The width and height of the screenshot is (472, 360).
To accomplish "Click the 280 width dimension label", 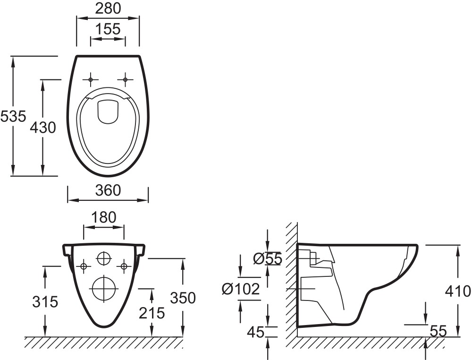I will [x=108, y=8].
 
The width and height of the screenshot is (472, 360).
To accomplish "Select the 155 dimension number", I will [x=108, y=29].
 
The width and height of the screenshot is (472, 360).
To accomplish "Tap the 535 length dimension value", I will [x=13, y=116].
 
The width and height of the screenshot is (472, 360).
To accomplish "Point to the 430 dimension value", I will [x=42, y=127].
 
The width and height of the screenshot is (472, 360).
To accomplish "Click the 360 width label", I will [x=108, y=190].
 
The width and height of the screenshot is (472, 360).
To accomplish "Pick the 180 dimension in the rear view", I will [x=104, y=217].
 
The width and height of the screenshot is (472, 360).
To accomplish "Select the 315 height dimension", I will [x=45, y=301].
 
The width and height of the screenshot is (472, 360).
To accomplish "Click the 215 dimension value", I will [x=152, y=312].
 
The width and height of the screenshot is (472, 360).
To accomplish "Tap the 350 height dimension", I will [x=183, y=298].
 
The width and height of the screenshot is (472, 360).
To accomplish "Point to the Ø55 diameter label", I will [x=267, y=258].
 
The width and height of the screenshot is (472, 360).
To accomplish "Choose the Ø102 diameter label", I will [x=241, y=289].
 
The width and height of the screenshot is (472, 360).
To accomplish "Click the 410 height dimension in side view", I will [x=458, y=291].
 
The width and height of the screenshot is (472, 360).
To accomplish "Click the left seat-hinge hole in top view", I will [x=90, y=79].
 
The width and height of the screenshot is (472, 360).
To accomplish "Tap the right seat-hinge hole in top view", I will [x=126, y=79].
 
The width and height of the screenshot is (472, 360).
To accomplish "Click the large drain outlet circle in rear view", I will [x=103, y=288].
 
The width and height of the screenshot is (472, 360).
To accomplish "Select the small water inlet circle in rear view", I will [x=103, y=259].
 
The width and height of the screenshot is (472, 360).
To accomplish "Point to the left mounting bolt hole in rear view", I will [x=84, y=266].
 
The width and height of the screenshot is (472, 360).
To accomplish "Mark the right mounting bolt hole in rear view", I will [x=124, y=266].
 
